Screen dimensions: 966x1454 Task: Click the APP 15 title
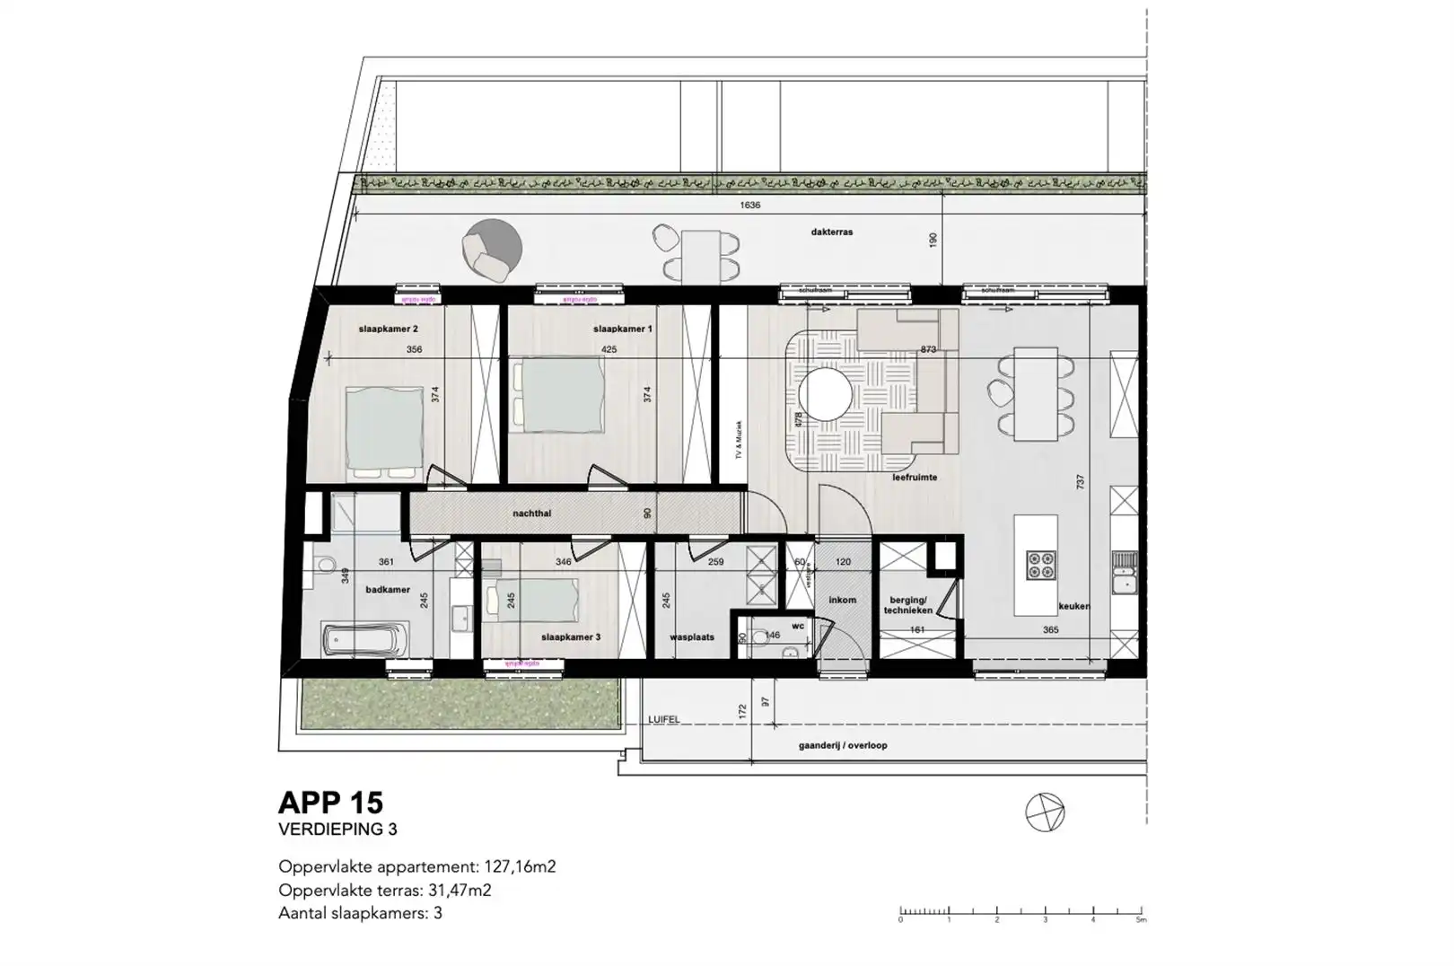(330, 802)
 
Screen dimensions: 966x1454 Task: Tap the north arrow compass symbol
(1045, 812)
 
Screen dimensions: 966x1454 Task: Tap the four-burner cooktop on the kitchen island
(1041, 566)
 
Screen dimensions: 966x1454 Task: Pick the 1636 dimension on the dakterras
(749, 206)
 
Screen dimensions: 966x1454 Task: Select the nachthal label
(531, 514)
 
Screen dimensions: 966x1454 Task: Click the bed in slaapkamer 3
(529, 600)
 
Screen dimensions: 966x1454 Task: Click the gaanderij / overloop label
(842, 746)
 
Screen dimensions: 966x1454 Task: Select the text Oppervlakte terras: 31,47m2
(384, 891)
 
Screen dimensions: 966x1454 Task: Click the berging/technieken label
(907, 604)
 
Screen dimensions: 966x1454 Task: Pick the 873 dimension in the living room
(928, 349)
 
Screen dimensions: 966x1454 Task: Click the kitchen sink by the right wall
(1123, 573)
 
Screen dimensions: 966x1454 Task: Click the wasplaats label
(692, 637)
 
